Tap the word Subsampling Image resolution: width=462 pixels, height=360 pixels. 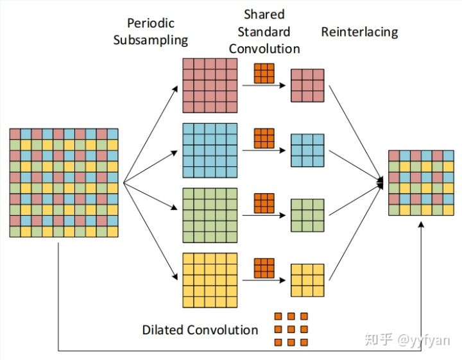(x=150, y=40)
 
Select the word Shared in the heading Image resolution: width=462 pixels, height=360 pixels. (x=264, y=14)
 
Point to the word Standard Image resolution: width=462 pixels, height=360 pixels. (x=264, y=31)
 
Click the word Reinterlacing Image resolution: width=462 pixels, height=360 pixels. (x=359, y=31)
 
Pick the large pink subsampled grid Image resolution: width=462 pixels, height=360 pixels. (x=210, y=85)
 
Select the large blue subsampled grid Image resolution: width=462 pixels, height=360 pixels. (x=210, y=150)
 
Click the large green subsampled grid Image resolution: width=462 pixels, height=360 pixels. (x=210, y=215)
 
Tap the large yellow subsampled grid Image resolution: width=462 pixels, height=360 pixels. (x=210, y=280)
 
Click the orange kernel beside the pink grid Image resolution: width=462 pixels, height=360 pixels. (x=264, y=74)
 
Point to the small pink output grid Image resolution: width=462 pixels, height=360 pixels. (x=307, y=85)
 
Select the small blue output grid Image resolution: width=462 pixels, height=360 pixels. (x=307, y=150)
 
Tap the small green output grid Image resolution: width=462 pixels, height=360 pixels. (x=307, y=215)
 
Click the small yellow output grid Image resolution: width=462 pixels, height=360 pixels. (x=307, y=280)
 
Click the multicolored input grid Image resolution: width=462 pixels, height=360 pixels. (x=64, y=183)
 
